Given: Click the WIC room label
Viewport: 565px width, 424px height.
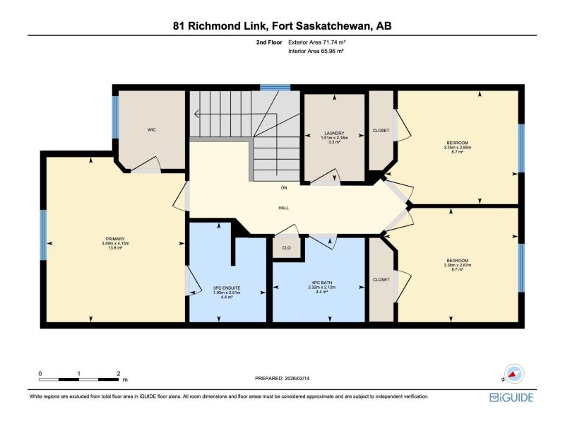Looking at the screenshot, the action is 152,130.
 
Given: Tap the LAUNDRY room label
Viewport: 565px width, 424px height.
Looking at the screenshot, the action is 334,133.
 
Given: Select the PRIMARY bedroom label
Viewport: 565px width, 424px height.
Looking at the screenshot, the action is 115,239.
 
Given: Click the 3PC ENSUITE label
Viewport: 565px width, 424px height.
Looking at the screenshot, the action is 227,288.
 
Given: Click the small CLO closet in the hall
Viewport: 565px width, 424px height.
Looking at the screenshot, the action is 287,248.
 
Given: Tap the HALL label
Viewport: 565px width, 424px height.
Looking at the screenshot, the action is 284,208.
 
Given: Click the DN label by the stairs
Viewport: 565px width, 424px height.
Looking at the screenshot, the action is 284,188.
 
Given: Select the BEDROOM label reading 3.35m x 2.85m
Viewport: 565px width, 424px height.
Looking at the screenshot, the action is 457,143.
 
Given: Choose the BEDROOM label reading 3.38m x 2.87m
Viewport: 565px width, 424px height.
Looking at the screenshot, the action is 457,261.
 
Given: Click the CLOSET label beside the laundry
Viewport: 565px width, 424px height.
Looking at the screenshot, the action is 381,131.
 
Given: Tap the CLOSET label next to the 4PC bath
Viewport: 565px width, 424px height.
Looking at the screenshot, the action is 381,280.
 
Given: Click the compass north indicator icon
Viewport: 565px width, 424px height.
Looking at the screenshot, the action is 514,374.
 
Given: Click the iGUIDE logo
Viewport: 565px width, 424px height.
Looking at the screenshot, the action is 511,397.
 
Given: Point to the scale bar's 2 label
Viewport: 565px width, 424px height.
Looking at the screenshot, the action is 119,374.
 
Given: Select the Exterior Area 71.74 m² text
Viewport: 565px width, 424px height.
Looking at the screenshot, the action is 317,42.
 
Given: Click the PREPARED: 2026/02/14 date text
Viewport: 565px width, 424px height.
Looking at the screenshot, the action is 282,378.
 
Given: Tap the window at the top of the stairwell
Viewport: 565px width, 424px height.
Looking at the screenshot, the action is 275,88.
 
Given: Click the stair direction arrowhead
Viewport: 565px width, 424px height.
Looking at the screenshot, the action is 196,114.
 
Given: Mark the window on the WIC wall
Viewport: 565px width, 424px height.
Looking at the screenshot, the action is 115,117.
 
